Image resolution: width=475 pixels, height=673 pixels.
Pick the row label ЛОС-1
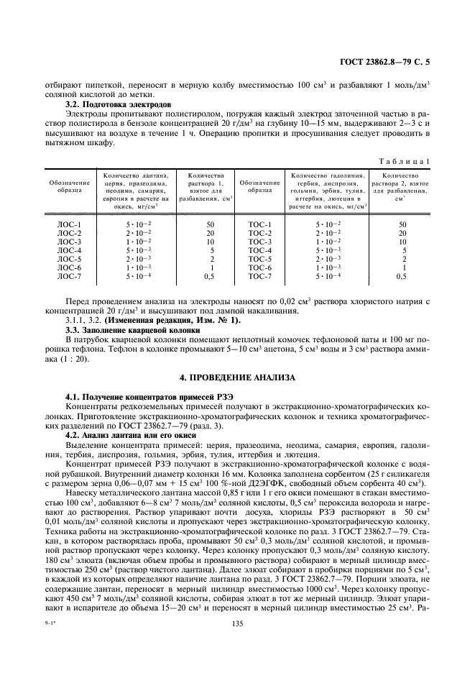[x=69, y=225]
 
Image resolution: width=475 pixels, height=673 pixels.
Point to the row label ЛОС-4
[x=69, y=250]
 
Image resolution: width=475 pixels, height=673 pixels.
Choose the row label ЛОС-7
[x=69, y=276]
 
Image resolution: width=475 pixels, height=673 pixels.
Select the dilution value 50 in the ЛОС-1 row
[x=211, y=225]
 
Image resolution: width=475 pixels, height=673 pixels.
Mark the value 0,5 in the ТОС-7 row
[x=402, y=276]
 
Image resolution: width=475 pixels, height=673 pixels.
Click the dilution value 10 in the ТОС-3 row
[x=402, y=242]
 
